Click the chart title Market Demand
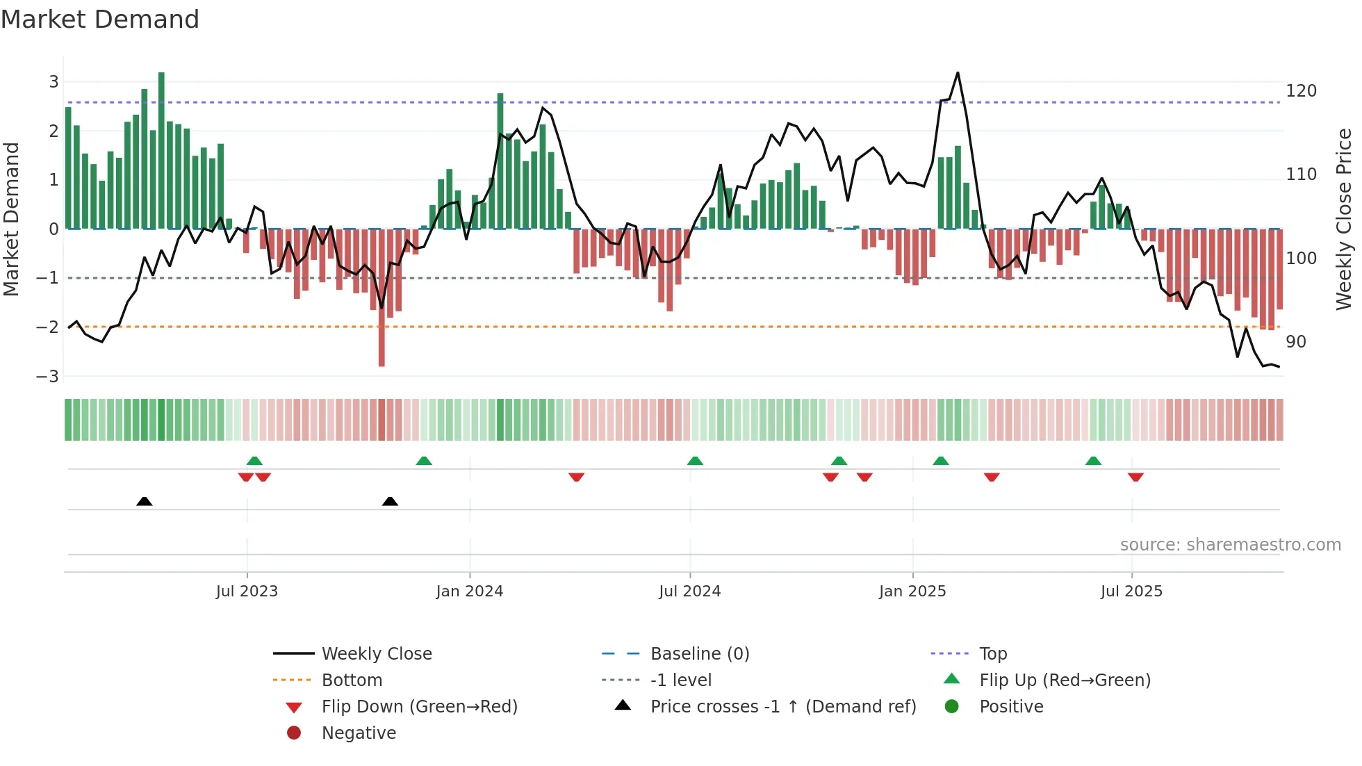[100, 19]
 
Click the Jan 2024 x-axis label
[469, 592]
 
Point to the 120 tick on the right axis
[1301, 91]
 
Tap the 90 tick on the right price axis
[1295, 342]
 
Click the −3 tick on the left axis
[47, 377]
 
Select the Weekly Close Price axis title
[1344, 219]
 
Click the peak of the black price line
[958, 73]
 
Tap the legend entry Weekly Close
[376, 654]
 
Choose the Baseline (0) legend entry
[699, 654]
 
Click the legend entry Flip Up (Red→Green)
[1065, 681]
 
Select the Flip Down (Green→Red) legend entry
[419, 707]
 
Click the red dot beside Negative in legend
[294, 733]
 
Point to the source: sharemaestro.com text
[1230, 545]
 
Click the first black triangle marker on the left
[144, 501]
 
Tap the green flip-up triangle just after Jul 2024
[695, 461]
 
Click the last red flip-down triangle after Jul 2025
[1135, 477]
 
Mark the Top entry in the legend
[992, 654]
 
